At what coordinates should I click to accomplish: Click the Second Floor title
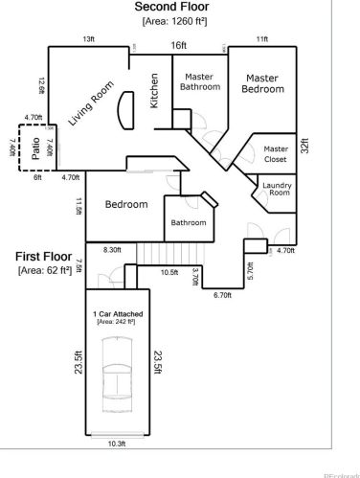[x=179, y=7]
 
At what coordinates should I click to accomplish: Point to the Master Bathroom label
[x=200, y=81]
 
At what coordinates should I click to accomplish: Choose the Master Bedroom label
[x=263, y=83]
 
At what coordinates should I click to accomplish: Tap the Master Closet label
[x=276, y=154]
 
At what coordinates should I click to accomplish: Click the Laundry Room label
[x=278, y=188]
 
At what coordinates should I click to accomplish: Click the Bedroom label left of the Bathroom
[x=125, y=205]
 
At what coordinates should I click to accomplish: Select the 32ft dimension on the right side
[x=305, y=149]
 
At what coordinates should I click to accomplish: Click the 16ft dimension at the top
[x=179, y=45]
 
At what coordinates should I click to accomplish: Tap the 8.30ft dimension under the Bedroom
[x=111, y=249]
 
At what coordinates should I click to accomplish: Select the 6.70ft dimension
[x=222, y=295]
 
